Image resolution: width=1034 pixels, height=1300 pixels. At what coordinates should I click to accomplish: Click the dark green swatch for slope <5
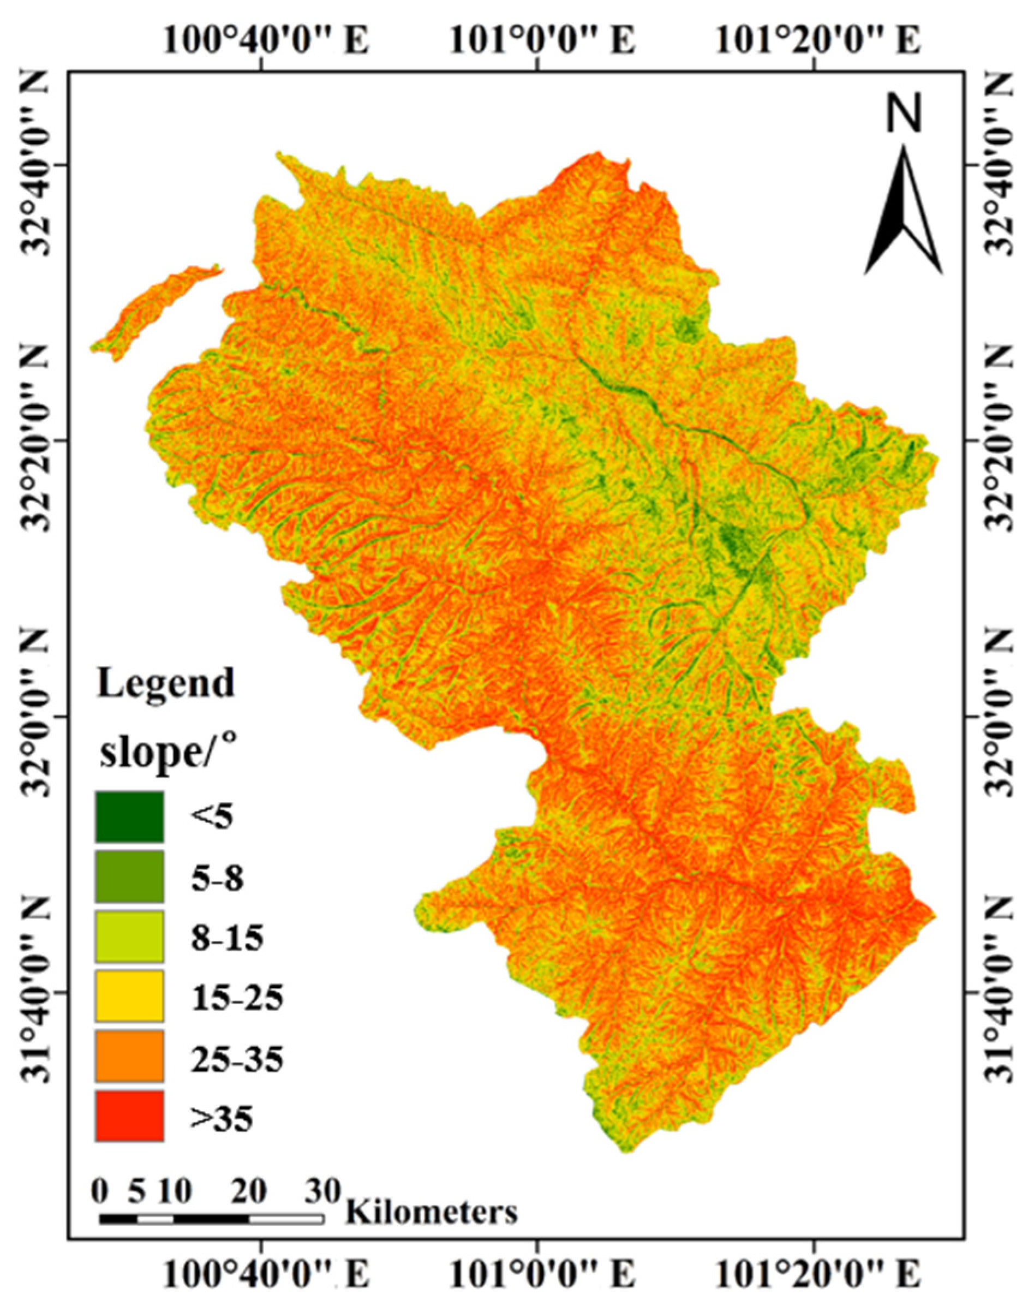(x=129, y=816)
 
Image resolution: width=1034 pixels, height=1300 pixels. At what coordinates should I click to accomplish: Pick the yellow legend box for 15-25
(x=129, y=995)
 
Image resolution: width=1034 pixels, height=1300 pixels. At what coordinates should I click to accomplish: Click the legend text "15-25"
(x=237, y=998)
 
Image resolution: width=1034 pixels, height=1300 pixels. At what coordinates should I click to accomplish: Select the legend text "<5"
(x=212, y=818)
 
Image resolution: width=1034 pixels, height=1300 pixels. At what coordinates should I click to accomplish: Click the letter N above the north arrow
(x=903, y=115)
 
